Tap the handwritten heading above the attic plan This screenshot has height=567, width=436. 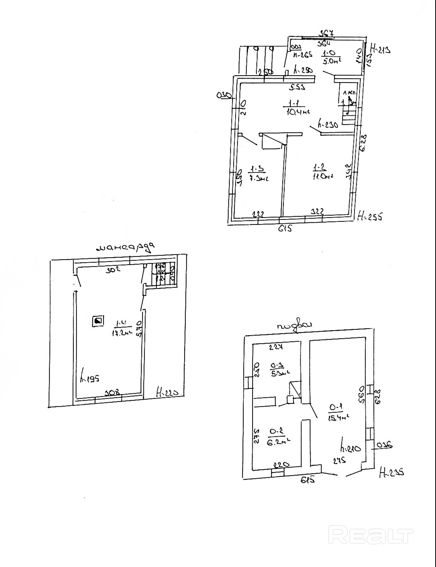click(126, 247)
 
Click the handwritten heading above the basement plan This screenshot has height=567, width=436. click(294, 326)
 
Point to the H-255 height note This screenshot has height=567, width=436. click(370, 216)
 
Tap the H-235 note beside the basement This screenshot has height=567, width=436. click(392, 472)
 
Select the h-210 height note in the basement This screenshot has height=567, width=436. click(350, 448)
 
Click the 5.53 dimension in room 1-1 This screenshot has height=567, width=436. click(297, 88)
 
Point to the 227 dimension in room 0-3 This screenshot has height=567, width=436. click(276, 347)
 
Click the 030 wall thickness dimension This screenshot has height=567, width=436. click(224, 95)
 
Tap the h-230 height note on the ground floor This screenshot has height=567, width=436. click(327, 125)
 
